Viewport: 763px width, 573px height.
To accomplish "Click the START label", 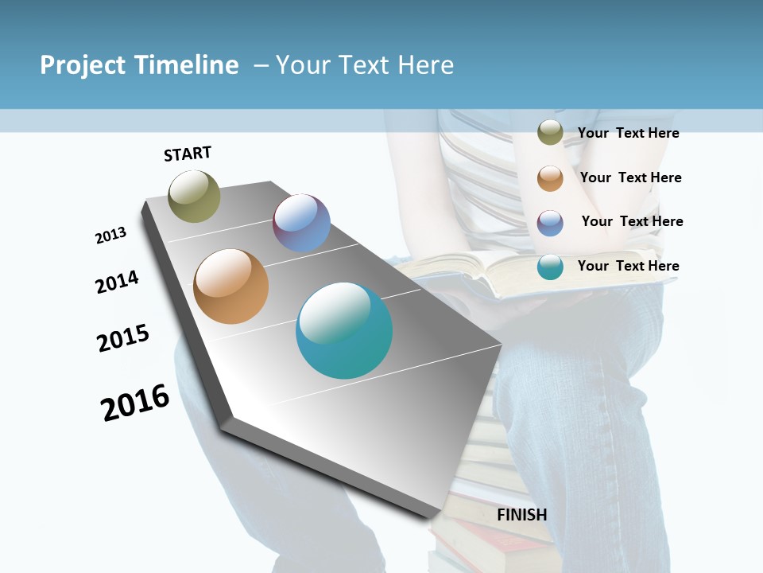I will tap(188, 154).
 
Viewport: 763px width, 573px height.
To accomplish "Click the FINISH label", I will tap(521, 515).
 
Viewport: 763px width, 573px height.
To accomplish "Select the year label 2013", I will tap(110, 236).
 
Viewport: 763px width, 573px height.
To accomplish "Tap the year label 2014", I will tap(117, 282).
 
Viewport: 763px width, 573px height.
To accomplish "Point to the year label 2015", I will tap(123, 338).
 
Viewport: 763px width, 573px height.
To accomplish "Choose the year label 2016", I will tap(135, 403).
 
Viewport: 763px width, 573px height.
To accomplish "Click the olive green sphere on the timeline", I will tap(195, 196).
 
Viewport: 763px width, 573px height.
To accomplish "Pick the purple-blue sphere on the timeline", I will tap(301, 223).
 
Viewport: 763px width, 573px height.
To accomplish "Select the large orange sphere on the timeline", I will tap(230, 286).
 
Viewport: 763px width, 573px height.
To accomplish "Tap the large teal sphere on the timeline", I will tap(344, 330).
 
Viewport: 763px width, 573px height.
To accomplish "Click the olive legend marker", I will tap(550, 133).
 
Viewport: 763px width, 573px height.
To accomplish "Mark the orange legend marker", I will tap(550, 177).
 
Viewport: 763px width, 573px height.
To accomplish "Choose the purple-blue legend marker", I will tap(550, 222).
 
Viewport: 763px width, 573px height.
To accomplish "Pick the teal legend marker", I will tap(550, 267).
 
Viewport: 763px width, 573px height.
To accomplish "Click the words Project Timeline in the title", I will tap(139, 65).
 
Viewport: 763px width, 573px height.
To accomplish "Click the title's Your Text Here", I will tap(364, 65).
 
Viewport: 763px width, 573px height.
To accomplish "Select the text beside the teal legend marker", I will tap(628, 266).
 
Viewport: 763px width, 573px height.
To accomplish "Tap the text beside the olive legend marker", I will tap(628, 133).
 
